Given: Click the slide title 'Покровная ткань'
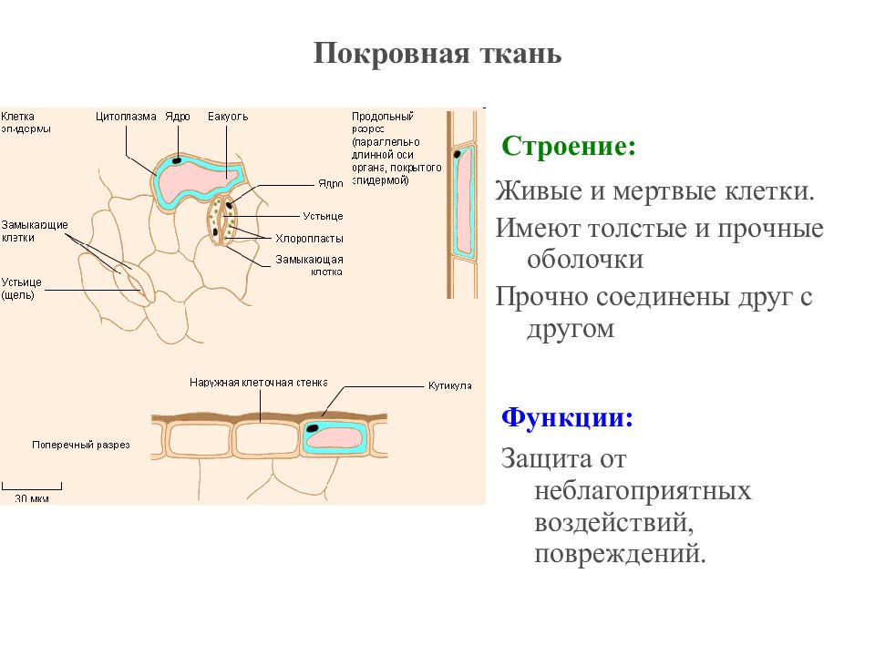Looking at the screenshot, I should click(x=437, y=54).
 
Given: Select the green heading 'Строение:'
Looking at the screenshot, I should click(x=569, y=147).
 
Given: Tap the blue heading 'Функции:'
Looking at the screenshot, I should click(x=568, y=418).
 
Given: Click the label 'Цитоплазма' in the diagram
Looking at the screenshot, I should click(x=127, y=117).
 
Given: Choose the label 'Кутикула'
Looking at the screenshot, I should click(x=449, y=385).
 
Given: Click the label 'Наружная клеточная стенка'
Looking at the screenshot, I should click(x=259, y=383).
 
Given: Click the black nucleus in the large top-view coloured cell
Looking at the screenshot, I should click(x=176, y=160).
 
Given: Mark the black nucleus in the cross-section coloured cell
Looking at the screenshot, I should click(x=314, y=427).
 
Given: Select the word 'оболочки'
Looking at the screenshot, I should click(x=585, y=260).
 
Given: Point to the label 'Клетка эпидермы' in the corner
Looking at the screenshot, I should click(x=26, y=122).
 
